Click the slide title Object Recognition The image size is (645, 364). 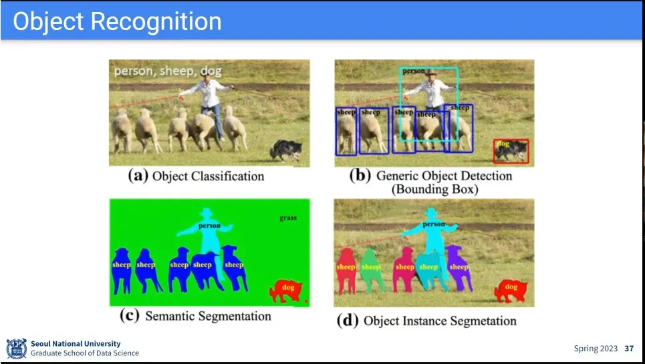pyautogui.click(x=117, y=21)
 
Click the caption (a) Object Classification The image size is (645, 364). pyautogui.click(x=197, y=176)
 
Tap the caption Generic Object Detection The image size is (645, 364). pyautogui.click(x=443, y=176)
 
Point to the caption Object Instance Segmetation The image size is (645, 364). pyautogui.click(x=439, y=321)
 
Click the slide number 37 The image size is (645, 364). pyautogui.click(x=628, y=349)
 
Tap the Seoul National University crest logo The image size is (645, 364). pyautogui.click(x=16, y=348)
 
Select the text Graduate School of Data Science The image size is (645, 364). pyautogui.click(x=85, y=353)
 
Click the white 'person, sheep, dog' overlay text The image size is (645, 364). pyautogui.click(x=167, y=71)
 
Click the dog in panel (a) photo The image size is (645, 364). pyautogui.click(x=287, y=150)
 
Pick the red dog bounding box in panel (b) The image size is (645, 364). pyautogui.click(x=511, y=152)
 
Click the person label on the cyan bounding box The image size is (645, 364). pyautogui.click(x=414, y=71)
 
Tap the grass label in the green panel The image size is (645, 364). pyautogui.click(x=288, y=218)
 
